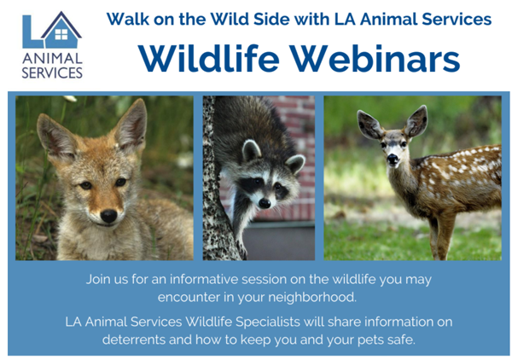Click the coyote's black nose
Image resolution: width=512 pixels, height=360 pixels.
click(108, 216)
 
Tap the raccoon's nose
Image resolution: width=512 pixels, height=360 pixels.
click(265, 203)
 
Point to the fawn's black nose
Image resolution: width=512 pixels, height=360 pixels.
click(393, 159)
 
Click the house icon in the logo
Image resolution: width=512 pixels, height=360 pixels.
click(61, 30)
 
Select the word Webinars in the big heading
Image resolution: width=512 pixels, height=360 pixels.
click(375, 59)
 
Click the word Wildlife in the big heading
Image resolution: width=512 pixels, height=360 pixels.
click(209, 58)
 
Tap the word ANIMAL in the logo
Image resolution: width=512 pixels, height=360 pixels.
click(52, 59)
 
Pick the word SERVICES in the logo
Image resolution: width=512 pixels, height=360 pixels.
click(52, 73)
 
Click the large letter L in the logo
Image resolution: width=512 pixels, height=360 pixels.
click(32, 32)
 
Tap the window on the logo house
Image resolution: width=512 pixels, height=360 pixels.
click(61, 34)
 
